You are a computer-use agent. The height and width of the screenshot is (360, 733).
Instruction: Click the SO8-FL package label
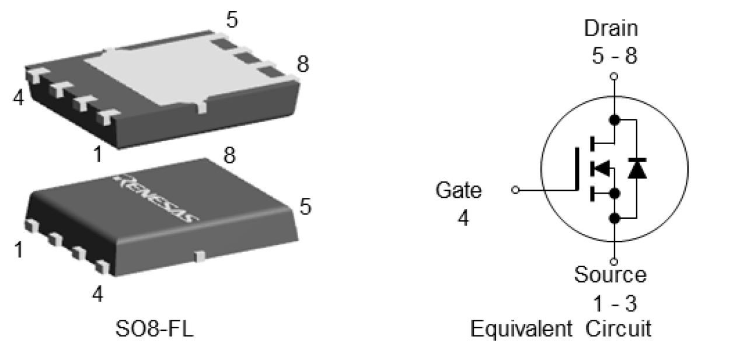pos(153,330)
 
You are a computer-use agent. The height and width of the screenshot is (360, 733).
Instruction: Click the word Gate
pos(459,190)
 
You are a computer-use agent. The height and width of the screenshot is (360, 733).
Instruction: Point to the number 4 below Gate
pos(462,219)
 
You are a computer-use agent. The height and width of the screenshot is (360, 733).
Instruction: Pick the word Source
pos(610,274)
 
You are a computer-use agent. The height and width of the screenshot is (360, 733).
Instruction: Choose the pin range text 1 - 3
pos(612,303)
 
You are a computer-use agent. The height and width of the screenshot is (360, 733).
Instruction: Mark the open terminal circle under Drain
pos(613,76)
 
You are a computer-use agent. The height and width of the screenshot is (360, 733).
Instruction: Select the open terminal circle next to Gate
pos(514,190)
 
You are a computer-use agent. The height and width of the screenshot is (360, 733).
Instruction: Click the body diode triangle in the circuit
pos(636,169)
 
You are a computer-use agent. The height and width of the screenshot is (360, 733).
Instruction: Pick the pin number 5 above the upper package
pos(232,20)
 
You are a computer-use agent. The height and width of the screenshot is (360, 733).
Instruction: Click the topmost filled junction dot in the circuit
pos(613,120)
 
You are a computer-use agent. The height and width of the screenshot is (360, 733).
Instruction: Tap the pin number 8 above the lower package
pos(230,156)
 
